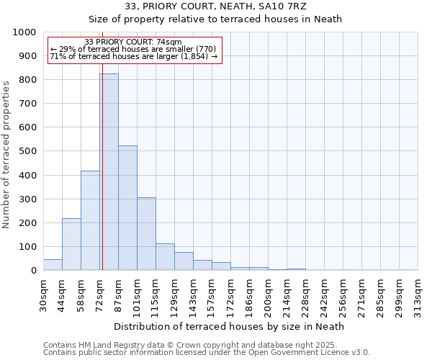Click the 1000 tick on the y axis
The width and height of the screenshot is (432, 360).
tap(24, 32)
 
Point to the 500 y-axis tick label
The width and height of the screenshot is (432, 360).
tap(27, 151)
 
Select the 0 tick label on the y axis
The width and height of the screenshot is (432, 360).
tap(33, 271)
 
